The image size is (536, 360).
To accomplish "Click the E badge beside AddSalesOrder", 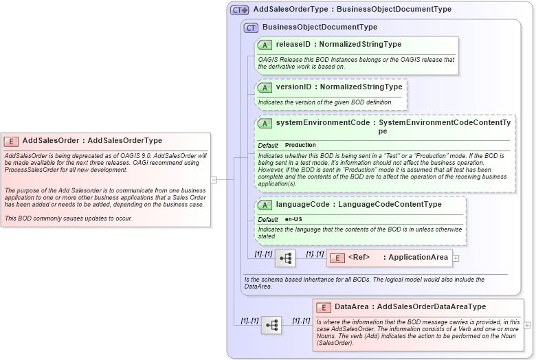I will pyautogui.click(x=11, y=141).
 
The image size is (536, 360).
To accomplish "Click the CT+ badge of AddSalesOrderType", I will pyautogui.click(x=239, y=10).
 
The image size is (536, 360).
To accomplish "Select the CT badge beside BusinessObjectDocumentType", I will pyautogui.click(x=251, y=27).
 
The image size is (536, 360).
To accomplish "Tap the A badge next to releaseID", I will pyautogui.click(x=265, y=45).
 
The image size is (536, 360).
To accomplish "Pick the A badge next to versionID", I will pyautogui.click(x=265, y=87).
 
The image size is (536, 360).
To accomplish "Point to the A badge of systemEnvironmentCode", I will pyautogui.click(x=265, y=123).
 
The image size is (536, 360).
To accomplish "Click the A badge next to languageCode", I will pyautogui.click(x=265, y=205).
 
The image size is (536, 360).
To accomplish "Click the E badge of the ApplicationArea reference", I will pyautogui.click(x=337, y=258).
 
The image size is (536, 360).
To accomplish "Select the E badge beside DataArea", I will pyautogui.click(x=324, y=307).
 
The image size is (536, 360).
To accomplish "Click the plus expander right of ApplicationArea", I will pyautogui.click(x=456, y=258).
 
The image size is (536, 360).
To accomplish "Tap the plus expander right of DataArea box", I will pyautogui.click(x=527, y=325).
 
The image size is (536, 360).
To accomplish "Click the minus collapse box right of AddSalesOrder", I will pyautogui.click(x=214, y=179).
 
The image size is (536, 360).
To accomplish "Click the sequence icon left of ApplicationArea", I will pyautogui.click(x=285, y=258).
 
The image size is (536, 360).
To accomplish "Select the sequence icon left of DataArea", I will pyautogui.click(x=271, y=325).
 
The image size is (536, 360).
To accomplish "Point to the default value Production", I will pyautogui.click(x=300, y=146).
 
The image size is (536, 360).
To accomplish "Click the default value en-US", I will pyautogui.click(x=294, y=220).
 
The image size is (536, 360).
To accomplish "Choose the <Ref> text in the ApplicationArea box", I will pyautogui.click(x=359, y=258).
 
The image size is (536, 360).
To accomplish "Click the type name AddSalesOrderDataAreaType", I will pyautogui.click(x=432, y=307).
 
